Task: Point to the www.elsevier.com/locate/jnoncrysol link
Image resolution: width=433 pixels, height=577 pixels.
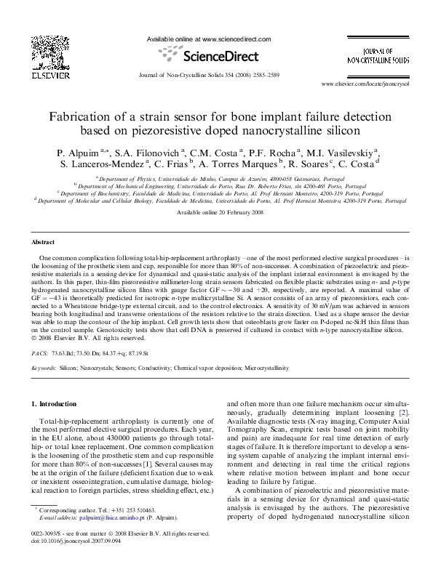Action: point(362,84)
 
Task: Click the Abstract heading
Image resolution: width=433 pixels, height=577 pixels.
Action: point(45,241)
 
